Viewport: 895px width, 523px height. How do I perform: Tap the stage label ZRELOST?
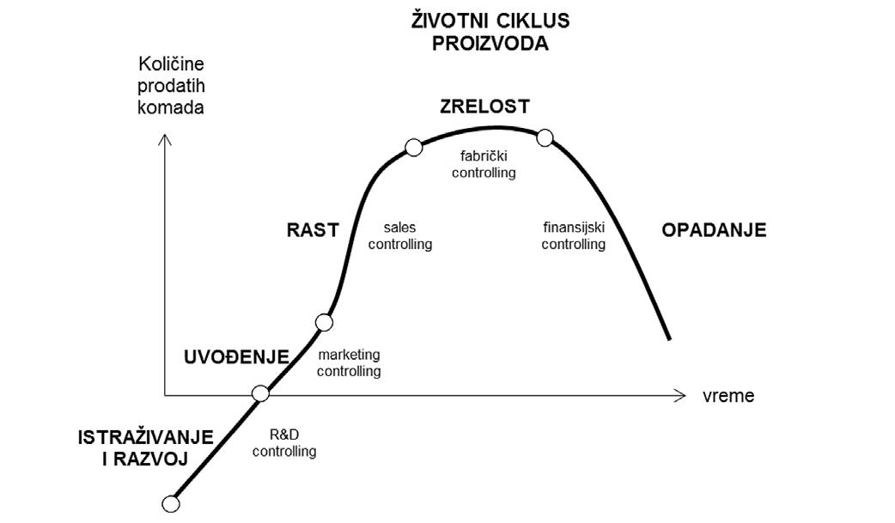click(x=484, y=106)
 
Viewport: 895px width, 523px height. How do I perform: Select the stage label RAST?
click(x=313, y=229)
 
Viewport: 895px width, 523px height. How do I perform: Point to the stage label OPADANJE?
click(x=714, y=229)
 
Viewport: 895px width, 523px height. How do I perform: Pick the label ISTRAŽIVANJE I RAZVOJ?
click(x=132, y=447)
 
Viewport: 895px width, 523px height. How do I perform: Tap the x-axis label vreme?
click(x=728, y=396)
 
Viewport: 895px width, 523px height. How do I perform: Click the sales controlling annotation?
click(x=399, y=236)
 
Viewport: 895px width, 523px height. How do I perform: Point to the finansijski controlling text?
click(x=573, y=236)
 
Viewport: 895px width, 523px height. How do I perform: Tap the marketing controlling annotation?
click(x=349, y=363)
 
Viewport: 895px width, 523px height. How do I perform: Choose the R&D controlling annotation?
click(x=284, y=443)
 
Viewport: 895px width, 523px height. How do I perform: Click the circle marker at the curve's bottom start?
click(x=171, y=503)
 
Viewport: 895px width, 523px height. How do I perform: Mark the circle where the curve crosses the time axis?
click(x=261, y=394)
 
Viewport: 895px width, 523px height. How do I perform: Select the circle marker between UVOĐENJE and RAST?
click(x=324, y=323)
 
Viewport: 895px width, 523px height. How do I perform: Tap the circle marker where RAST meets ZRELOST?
click(x=413, y=148)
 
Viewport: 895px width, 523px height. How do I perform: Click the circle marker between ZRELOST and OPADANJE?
click(x=544, y=137)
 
